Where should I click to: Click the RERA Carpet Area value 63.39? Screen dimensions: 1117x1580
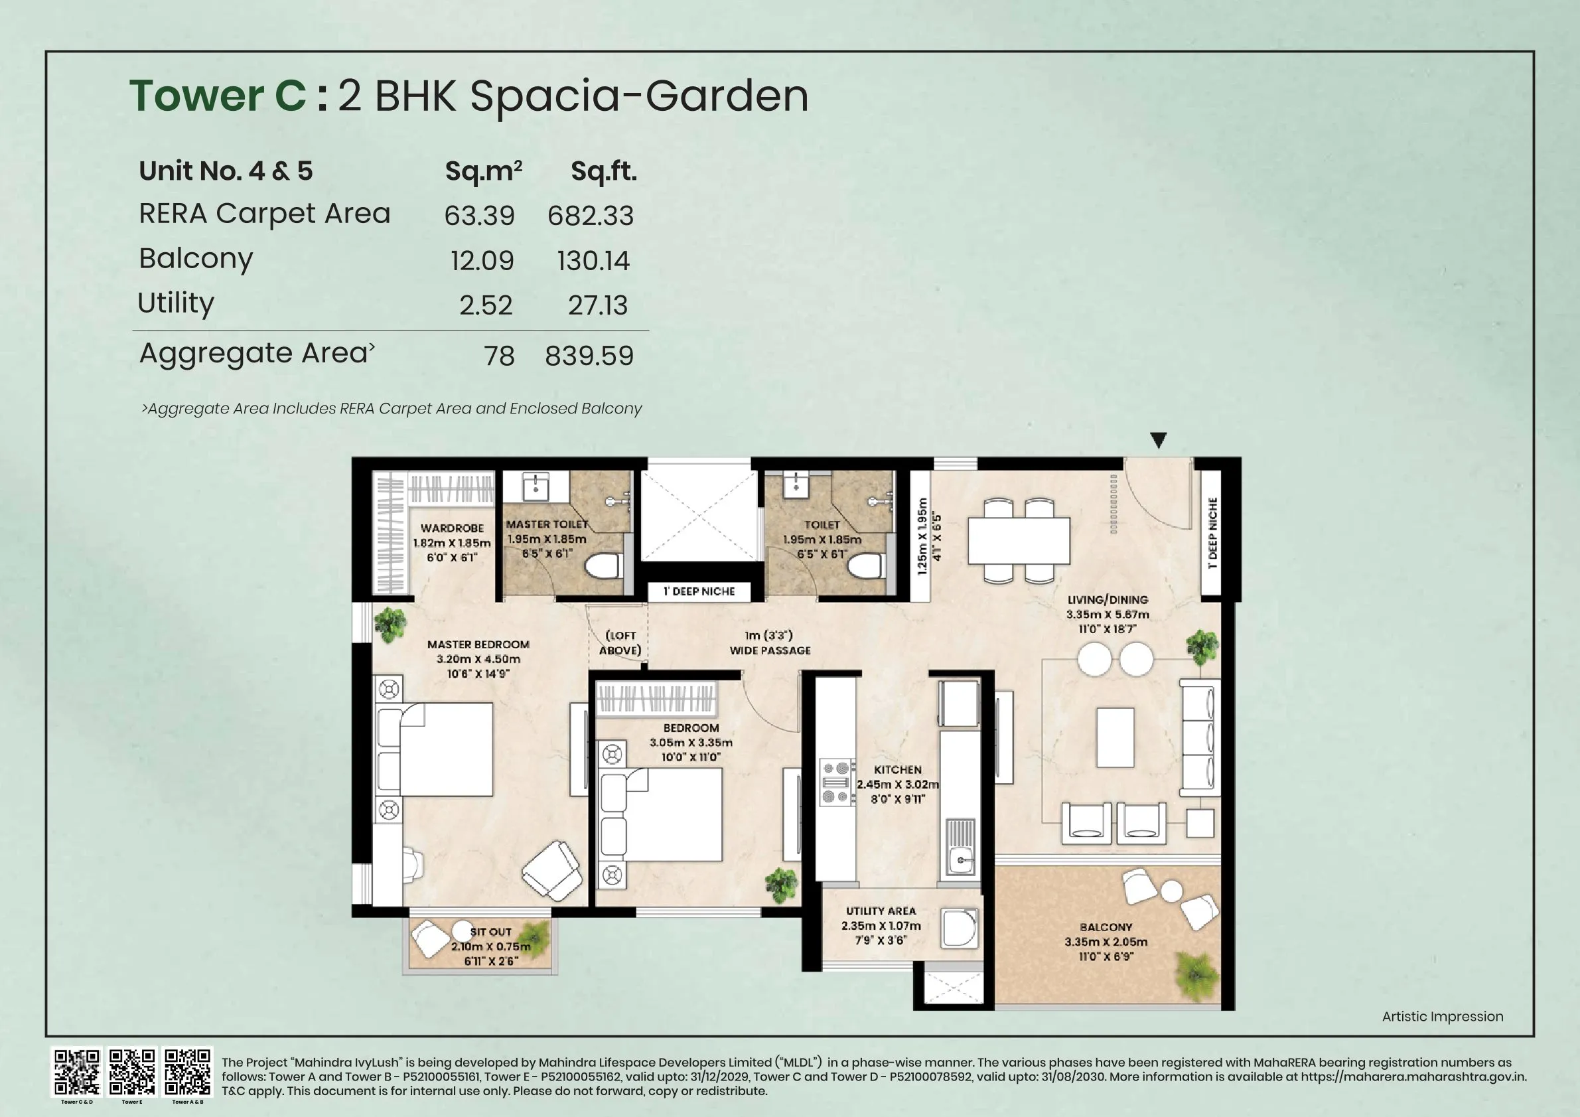479,216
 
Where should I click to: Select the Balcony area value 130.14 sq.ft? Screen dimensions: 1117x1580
593,261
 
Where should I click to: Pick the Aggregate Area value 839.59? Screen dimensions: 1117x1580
589,356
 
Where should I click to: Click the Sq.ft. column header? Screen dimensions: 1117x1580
603,171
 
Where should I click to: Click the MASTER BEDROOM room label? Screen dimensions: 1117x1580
478,645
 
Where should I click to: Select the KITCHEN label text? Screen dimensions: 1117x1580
897,769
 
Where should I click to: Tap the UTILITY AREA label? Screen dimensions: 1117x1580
881,911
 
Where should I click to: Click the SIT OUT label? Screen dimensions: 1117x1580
490,932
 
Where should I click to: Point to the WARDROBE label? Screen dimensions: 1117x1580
451,528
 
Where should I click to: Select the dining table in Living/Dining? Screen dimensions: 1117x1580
1019,540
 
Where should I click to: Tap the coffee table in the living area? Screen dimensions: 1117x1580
1115,737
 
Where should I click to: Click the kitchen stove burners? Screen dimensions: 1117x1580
835,782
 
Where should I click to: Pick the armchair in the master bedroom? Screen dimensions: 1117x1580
552,870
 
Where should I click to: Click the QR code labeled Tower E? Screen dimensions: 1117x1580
132,1072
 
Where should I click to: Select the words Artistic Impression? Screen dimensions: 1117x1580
1443,1016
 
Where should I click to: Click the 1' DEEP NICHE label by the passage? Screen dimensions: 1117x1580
699,591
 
